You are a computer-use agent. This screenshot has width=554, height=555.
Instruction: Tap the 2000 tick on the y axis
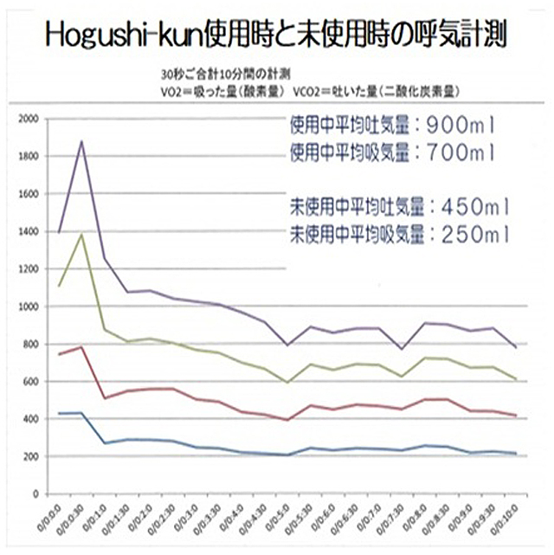point(27,119)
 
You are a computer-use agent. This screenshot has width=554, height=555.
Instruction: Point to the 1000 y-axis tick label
point(27,307)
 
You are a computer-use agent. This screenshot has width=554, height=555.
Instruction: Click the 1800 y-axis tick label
point(27,157)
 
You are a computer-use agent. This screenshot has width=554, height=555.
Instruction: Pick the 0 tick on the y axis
point(35,494)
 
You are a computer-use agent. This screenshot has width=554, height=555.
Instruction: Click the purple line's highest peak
point(82,141)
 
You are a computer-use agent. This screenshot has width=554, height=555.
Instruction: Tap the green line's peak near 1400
point(82,235)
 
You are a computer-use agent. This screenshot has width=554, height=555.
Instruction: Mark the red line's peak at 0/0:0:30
point(82,347)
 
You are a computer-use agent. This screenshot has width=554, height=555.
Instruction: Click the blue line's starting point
point(59,413)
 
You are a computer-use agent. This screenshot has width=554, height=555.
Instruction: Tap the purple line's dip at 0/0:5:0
point(288,345)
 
